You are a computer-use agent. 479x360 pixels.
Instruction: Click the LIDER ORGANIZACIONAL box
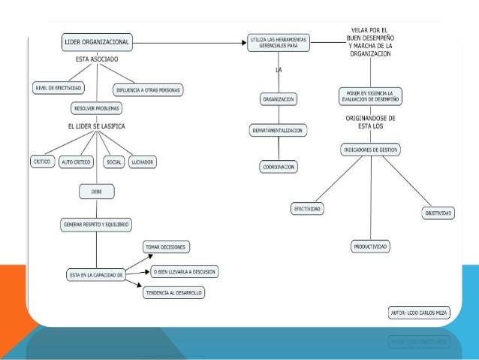(98, 44)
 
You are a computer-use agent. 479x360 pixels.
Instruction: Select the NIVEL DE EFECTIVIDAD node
(58, 87)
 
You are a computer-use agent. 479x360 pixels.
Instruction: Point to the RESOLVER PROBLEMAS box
(98, 108)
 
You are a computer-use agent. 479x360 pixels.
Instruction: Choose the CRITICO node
(42, 161)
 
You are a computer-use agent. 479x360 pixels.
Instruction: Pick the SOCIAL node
(114, 161)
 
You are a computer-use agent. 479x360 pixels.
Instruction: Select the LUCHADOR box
(142, 161)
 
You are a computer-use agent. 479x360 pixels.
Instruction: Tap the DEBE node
(97, 192)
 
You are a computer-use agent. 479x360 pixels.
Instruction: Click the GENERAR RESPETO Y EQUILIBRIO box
(95, 224)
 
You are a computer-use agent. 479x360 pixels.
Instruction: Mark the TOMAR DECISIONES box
(167, 247)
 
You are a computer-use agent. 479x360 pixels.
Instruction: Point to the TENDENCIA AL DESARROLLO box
(173, 292)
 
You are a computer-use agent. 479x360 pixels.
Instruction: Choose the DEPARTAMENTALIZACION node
(278, 131)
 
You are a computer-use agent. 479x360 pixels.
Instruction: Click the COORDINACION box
(278, 165)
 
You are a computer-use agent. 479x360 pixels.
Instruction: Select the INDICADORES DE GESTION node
(371, 150)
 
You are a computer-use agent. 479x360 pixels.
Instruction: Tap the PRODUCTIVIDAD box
(371, 247)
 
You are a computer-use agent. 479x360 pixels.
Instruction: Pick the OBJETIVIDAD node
(437, 213)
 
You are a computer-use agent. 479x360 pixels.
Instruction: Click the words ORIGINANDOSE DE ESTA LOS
(371, 123)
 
